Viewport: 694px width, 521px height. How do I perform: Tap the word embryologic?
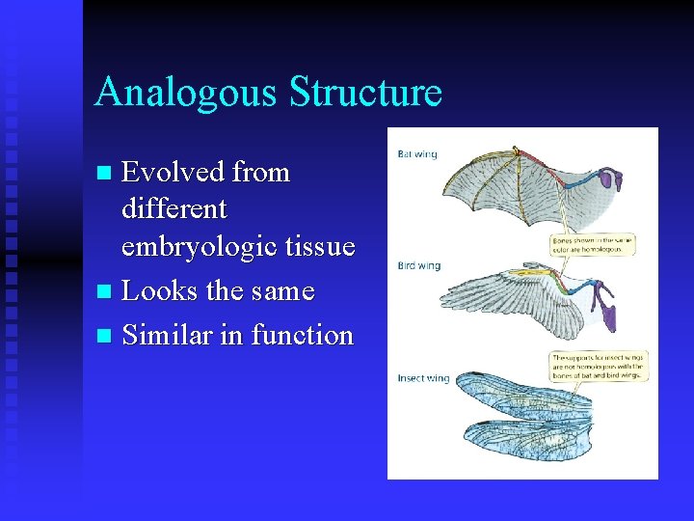[x=199, y=247]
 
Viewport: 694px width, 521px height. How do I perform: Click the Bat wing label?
[x=416, y=154]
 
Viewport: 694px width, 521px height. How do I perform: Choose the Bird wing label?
[x=419, y=265]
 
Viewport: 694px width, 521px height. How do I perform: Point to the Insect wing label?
[x=423, y=378]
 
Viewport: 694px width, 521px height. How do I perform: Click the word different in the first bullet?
[x=174, y=208]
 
